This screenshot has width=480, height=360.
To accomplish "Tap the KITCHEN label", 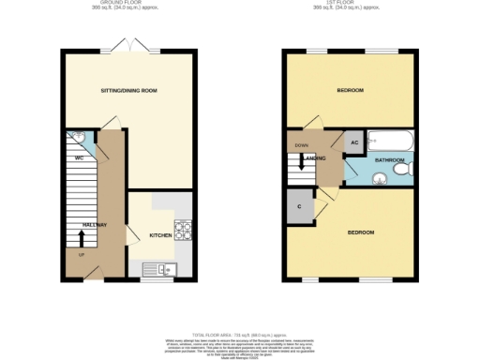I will tap(160, 235).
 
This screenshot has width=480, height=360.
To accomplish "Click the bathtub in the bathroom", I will tap(386, 142).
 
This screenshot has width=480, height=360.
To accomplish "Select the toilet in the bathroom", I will tap(402, 172).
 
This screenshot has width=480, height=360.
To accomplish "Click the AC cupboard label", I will tap(354, 142).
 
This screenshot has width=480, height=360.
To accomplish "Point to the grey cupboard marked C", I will tap(300, 206).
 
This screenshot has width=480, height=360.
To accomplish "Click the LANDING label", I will tap(321, 158).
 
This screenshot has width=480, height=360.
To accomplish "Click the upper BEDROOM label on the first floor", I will tap(350, 91).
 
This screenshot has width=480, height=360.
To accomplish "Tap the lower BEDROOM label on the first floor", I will tap(361, 232).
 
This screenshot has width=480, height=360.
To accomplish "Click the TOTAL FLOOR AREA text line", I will tap(240, 335).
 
